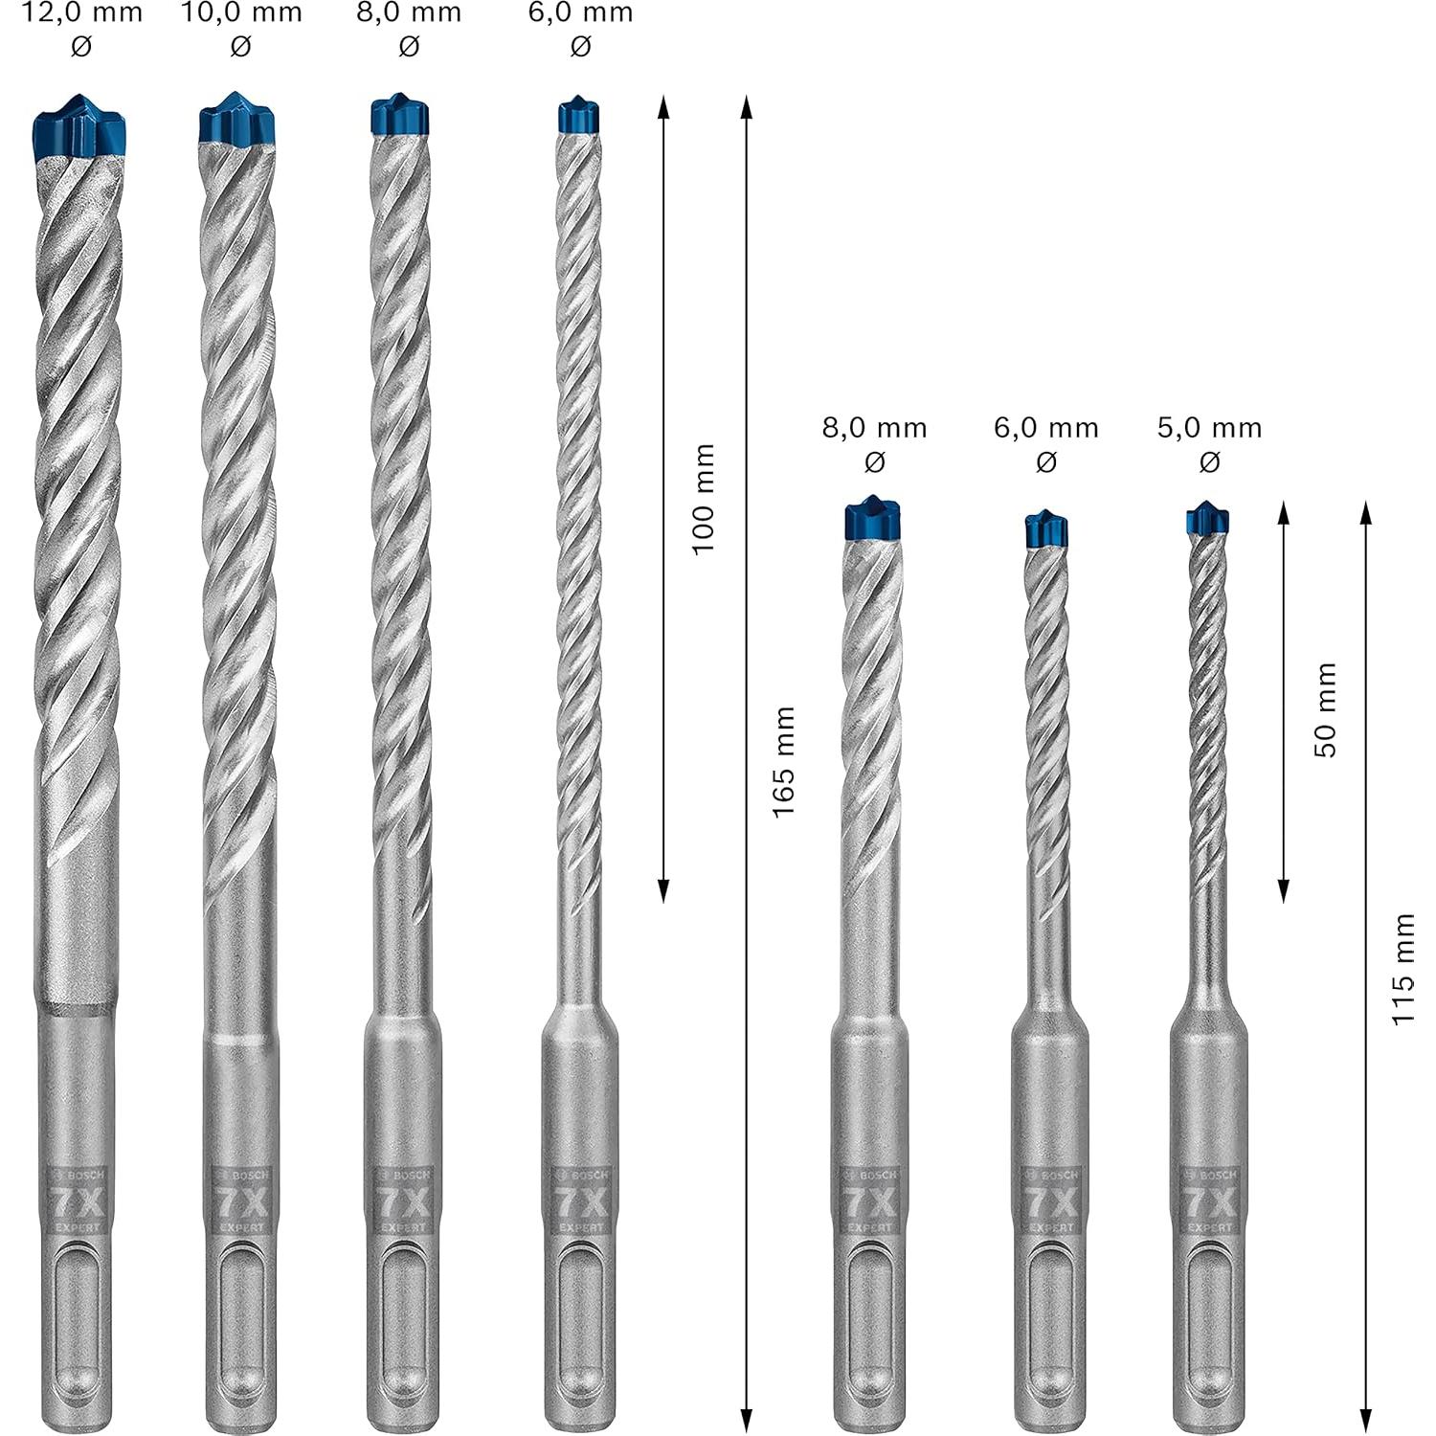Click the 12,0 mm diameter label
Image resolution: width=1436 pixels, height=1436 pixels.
(81, 13)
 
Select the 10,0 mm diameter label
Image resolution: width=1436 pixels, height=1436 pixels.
(241, 13)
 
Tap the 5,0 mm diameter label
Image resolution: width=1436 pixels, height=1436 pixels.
(1209, 428)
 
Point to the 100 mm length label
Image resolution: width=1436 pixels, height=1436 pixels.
(704, 498)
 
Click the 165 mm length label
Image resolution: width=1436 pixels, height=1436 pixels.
(784, 762)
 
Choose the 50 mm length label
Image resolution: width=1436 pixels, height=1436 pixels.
(1325, 709)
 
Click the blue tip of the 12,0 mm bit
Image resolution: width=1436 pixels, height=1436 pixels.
(79, 129)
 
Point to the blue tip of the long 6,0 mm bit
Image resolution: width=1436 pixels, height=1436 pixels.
(578, 115)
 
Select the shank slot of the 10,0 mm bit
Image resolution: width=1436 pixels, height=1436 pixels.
(239, 1321)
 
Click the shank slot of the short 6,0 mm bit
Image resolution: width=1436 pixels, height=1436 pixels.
(1049, 1321)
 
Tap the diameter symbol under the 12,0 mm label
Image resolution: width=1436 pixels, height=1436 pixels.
(81, 45)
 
